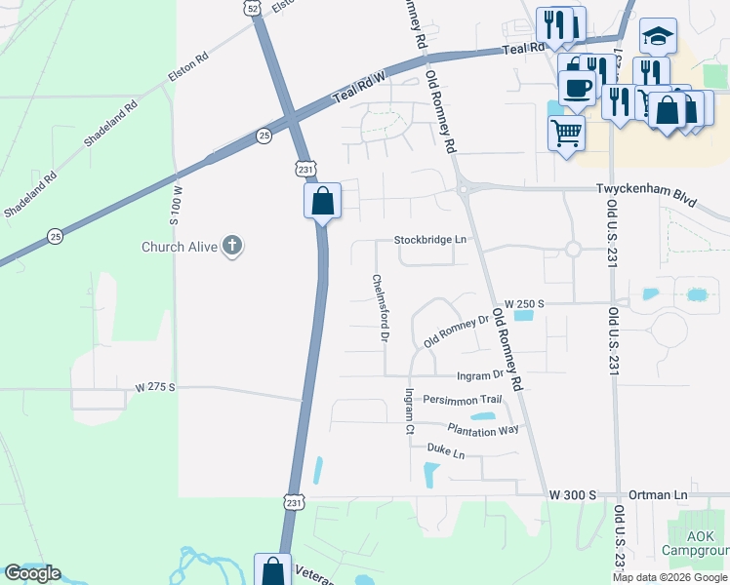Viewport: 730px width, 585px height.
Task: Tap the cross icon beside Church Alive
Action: pyautogui.click(x=231, y=246)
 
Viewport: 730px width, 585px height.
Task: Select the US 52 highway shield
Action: pyautogui.click(x=254, y=8)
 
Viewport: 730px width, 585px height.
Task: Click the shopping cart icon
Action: pyautogui.click(x=566, y=132)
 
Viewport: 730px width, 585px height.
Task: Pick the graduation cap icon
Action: pyautogui.click(x=658, y=36)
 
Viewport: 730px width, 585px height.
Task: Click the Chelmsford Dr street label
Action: pyautogui.click(x=381, y=307)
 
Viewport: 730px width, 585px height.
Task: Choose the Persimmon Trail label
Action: pyautogui.click(x=462, y=400)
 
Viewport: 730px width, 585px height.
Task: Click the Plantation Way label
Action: pyautogui.click(x=484, y=428)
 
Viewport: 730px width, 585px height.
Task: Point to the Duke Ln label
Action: pyautogui.click(x=446, y=450)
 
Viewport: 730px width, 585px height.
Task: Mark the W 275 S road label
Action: pyautogui.click(x=154, y=387)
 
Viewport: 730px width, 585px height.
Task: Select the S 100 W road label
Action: pyautogui.click(x=178, y=206)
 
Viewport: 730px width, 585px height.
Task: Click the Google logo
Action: pyautogui.click(x=32, y=573)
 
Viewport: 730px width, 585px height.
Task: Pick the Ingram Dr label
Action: pyautogui.click(x=479, y=374)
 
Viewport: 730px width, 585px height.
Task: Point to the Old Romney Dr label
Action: pyautogui.click(x=456, y=331)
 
